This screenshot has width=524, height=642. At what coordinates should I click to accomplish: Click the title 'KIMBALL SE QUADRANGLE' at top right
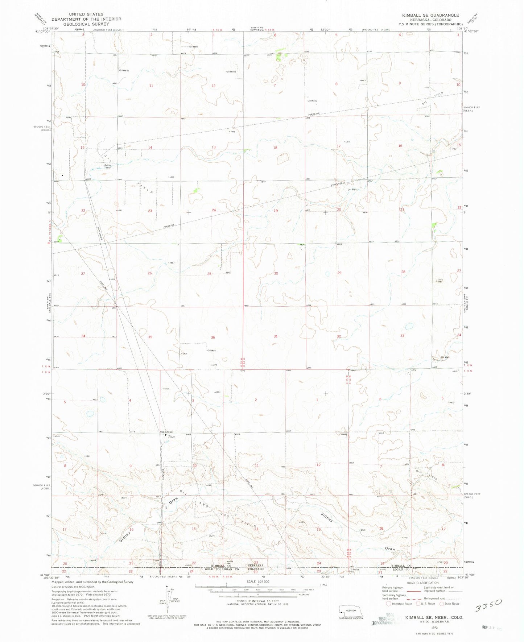pyautogui.click(x=430, y=15)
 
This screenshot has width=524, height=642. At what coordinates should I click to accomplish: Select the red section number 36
pyautogui.click(x=213, y=337)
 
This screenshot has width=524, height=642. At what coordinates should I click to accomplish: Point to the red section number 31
pyautogui.click(x=276, y=336)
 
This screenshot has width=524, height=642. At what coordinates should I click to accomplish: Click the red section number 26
pyautogui.click(x=150, y=273)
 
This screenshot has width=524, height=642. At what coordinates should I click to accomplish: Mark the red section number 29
pyautogui.click(x=339, y=273)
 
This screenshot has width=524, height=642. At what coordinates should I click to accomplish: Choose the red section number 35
pyautogui.click(x=150, y=337)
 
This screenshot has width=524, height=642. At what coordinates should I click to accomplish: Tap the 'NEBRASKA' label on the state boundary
pyautogui.click(x=256, y=566)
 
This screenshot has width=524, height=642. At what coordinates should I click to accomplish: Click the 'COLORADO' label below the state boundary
pyautogui.click(x=256, y=569)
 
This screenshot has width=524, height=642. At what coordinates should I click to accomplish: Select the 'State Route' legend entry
pyautogui.click(x=450, y=604)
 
